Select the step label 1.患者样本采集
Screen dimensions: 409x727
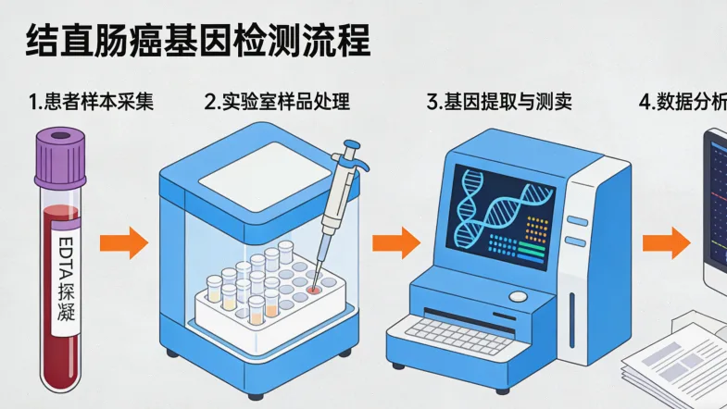90,102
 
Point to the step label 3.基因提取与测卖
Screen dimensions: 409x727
499,102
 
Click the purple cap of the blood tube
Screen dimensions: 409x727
61,155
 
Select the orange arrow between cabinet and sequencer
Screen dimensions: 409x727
396,243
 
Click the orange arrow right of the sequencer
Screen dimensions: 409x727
667,243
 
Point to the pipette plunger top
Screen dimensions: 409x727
350,147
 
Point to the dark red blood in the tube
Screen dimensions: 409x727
60,361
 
